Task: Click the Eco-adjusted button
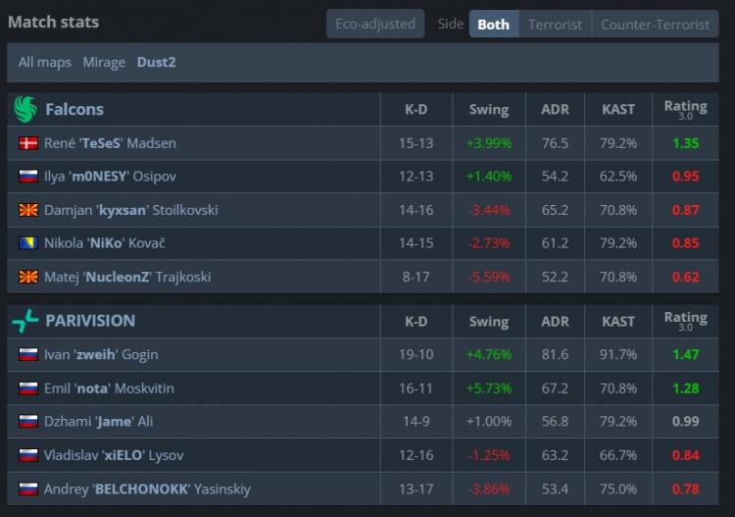coord(375,24)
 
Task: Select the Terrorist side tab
coord(555,24)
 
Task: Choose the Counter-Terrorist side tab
coord(655,24)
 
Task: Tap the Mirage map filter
coord(104,62)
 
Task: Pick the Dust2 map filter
coord(157,62)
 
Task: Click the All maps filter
coord(45,62)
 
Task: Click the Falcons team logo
coord(25,109)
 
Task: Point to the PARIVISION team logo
coord(25,321)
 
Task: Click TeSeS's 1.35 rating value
coord(685,143)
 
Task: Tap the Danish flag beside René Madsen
coord(28,143)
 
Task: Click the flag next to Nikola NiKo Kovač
coord(28,243)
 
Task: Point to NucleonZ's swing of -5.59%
coord(489,277)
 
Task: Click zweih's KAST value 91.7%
coord(618,354)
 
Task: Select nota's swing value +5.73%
coord(489,388)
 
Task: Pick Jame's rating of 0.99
coord(685,421)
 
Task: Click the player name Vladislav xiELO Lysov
coord(114,454)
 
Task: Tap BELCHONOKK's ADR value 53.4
coord(555,488)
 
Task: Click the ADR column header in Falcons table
coord(555,110)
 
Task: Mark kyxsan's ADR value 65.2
coord(555,210)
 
